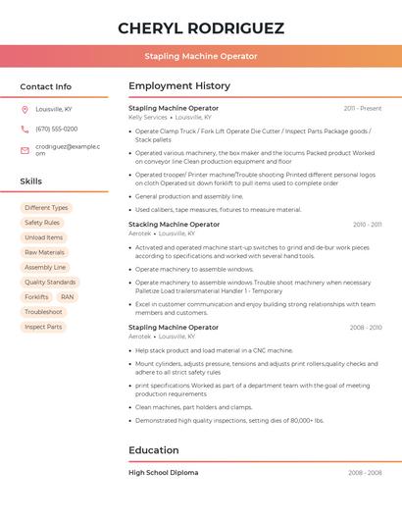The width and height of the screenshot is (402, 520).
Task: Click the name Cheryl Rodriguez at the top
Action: [201, 27]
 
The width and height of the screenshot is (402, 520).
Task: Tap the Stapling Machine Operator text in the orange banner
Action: [201, 56]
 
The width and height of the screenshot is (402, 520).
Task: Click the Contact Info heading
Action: [46, 86]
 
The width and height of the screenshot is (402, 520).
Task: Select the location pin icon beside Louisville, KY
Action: [25, 109]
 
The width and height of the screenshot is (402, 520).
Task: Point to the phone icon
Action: [25, 129]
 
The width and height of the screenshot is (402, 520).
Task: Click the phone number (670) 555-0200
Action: [57, 129]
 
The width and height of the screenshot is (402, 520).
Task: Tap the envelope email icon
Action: [25, 149]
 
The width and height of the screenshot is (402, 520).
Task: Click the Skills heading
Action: [31, 182]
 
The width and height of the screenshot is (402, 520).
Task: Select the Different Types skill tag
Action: [46, 208]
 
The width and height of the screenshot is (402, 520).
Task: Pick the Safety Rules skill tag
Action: [42, 223]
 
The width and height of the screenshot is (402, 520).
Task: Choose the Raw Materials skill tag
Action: [45, 252]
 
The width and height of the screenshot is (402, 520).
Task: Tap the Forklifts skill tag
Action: [36, 296]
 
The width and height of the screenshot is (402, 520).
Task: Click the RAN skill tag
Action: [67, 296]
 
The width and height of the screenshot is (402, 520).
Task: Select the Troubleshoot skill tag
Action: [43, 312]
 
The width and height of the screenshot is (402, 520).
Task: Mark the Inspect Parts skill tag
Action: [43, 327]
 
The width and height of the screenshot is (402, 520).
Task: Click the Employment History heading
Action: [179, 86]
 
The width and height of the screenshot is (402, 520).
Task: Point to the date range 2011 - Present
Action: [362, 108]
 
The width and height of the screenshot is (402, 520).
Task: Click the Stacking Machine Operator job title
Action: [175, 225]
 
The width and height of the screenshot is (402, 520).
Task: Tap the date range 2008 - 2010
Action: [365, 328]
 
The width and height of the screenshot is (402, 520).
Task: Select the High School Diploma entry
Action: [163, 473]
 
